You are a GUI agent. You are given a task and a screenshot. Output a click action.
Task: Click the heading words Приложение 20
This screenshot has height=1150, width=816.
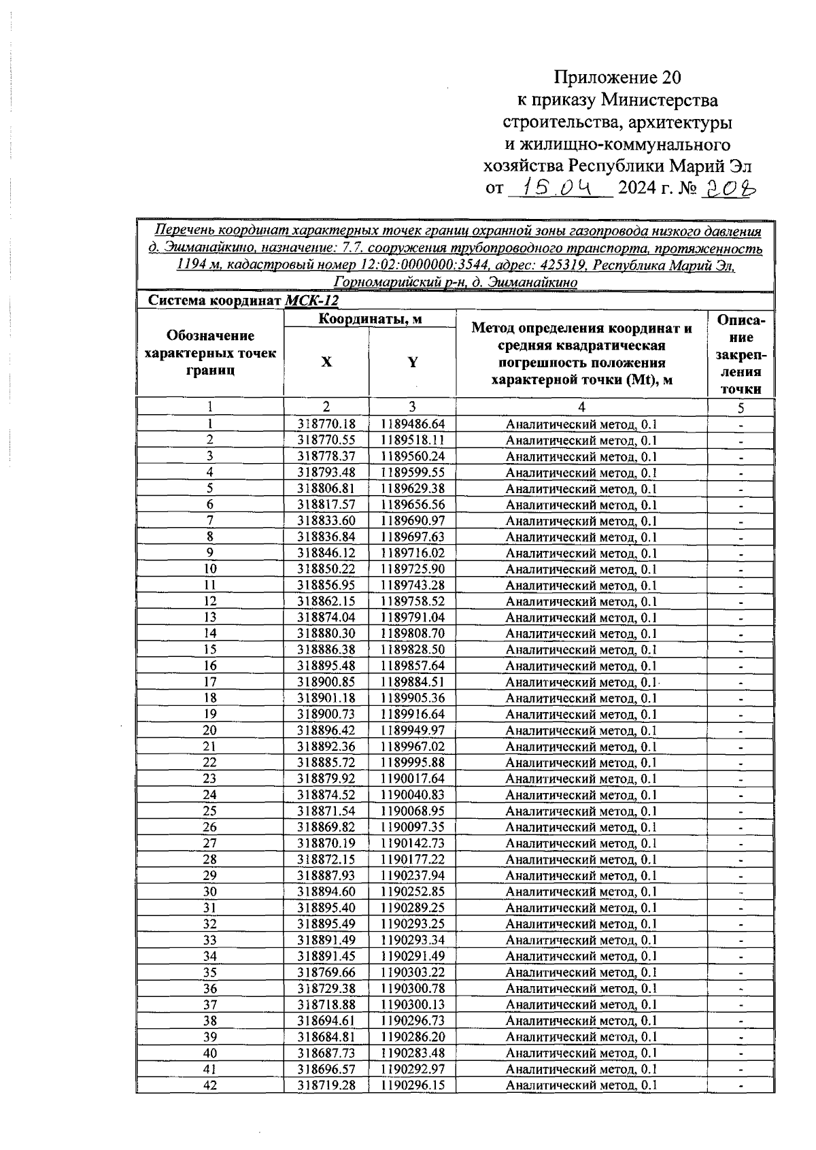click(617, 76)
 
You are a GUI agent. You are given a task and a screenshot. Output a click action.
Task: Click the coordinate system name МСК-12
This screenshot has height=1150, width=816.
click(311, 301)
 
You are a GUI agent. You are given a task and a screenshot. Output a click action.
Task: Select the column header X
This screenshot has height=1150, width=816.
click(326, 362)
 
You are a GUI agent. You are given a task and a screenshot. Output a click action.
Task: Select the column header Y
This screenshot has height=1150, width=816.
click(412, 362)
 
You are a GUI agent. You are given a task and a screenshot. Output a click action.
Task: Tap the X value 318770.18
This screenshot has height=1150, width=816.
click(326, 424)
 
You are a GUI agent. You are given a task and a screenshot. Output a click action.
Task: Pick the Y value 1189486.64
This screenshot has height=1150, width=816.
click(412, 424)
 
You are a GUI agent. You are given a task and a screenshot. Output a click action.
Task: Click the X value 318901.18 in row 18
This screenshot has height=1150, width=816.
click(326, 698)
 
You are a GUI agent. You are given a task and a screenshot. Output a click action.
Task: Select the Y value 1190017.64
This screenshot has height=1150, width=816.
click(412, 779)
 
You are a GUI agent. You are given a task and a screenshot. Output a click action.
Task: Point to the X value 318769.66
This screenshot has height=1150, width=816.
click(326, 973)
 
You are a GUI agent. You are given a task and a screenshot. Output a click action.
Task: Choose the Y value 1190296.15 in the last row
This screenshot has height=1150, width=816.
click(412, 1085)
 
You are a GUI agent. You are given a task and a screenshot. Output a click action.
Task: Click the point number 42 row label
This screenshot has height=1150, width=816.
click(210, 1085)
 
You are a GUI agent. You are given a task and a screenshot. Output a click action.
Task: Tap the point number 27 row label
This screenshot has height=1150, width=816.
click(210, 843)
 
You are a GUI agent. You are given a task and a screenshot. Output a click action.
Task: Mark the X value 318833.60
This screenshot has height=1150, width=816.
click(326, 521)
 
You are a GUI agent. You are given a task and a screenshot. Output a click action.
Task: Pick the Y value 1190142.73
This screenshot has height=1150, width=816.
click(412, 843)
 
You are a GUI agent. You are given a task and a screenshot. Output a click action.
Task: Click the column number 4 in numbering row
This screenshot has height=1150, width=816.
click(581, 407)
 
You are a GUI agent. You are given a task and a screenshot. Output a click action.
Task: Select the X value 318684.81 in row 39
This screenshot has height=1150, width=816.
click(326, 1037)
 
